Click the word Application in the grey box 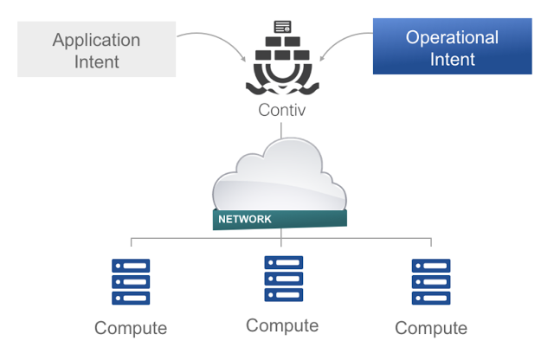[x=96, y=40]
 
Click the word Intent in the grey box [x=96, y=61]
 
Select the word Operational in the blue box [x=452, y=38]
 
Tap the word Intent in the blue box [x=452, y=60]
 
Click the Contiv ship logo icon [x=282, y=61]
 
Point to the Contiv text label [x=282, y=110]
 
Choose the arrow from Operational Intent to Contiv [x=342, y=39]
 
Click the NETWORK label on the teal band [x=245, y=219]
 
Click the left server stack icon [x=131, y=282]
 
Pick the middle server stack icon [x=283, y=279]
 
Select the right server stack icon [x=430, y=282]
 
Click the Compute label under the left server [x=131, y=328]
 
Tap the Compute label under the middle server [x=282, y=325]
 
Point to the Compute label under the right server [x=431, y=328]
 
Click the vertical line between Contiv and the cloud [x=281, y=132]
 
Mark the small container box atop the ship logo [x=282, y=27]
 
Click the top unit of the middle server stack [x=283, y=262]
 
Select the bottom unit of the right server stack [x=430, y=299]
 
